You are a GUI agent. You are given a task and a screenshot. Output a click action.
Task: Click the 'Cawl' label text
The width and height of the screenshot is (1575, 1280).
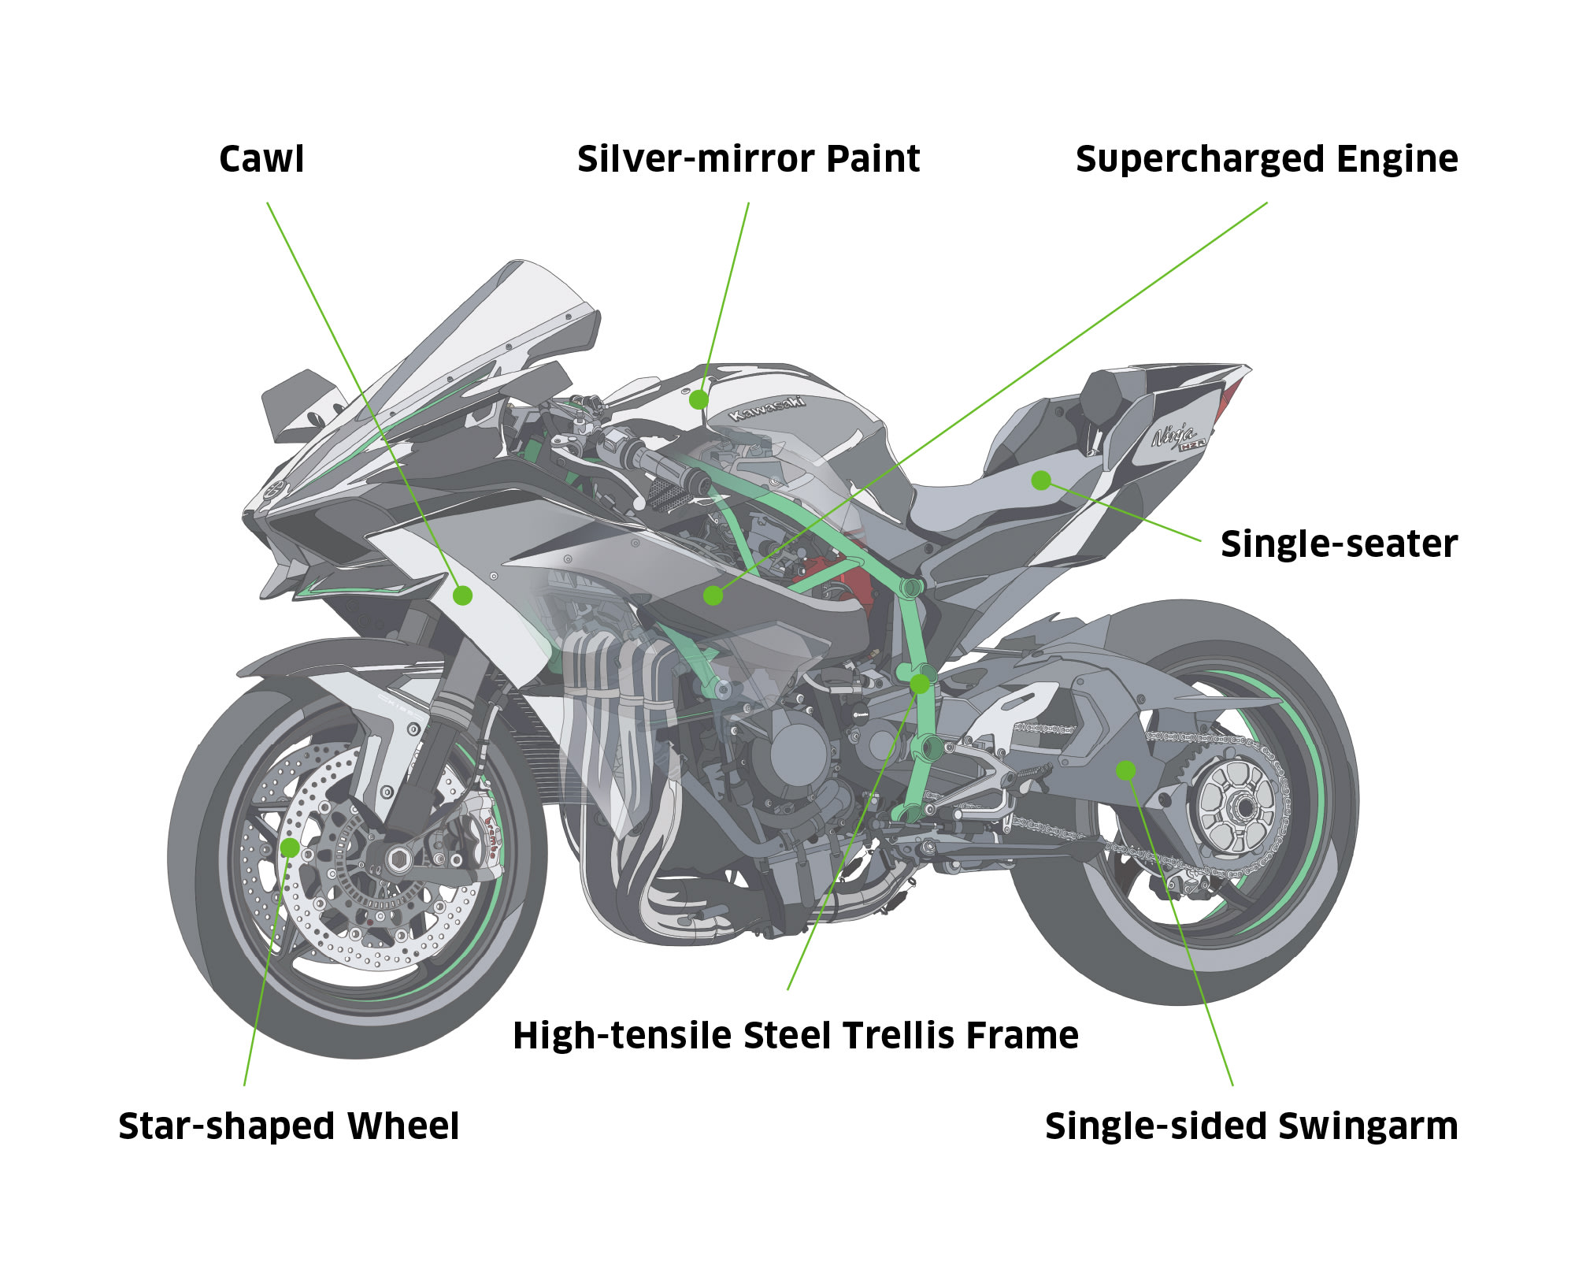point(261,159)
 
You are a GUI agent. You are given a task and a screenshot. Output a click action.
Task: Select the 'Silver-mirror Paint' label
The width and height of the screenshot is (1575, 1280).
point(748,159)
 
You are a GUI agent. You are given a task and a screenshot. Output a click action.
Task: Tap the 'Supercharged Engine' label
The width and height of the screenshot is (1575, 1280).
point(1266,159)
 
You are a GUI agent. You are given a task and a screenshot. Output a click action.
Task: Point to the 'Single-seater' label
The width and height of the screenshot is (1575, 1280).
point(1339,544)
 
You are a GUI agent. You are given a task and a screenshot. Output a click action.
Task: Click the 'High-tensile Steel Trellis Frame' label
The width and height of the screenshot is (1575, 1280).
point(795,1035)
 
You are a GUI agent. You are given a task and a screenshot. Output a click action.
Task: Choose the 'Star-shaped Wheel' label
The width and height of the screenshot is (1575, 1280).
point(288,1126)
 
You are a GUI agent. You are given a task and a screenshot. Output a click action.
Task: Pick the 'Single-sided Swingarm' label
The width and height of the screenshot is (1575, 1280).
point(1251,1126)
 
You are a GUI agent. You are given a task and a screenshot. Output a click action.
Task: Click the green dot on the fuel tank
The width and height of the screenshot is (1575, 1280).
point(699,400)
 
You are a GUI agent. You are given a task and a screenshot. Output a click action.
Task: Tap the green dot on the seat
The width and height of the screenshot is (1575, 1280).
point(1041,480)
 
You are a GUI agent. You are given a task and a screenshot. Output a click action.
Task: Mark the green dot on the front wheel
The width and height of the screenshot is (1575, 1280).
point(290,848)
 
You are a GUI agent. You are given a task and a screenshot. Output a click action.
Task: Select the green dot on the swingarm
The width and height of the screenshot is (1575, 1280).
point(1126,770)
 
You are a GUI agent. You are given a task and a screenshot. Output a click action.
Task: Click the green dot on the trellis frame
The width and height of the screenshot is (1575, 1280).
point(920,684)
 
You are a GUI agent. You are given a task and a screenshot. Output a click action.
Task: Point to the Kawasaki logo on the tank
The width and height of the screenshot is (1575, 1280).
point(768,408)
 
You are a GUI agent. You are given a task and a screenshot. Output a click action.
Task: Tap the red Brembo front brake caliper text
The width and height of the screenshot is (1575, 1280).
point(494,833)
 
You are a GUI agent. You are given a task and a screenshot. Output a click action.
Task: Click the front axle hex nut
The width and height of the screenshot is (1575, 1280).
point(398,858)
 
